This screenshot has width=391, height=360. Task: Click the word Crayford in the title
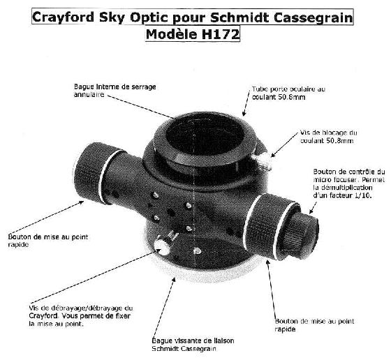coord(64,17)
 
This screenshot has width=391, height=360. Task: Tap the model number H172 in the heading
coord(220,34)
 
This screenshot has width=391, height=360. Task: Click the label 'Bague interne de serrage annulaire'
coord(115,91)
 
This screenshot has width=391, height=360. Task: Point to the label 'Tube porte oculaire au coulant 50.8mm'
coord(288,93)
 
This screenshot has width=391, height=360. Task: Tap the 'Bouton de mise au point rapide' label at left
coord(48,241)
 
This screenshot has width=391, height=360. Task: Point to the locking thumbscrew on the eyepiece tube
coord(262,161)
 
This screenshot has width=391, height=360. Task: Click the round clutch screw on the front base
coord(162,246)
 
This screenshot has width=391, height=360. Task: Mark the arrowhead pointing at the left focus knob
coord(81,203)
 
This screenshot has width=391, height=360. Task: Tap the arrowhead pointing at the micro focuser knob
coord(311,211)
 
